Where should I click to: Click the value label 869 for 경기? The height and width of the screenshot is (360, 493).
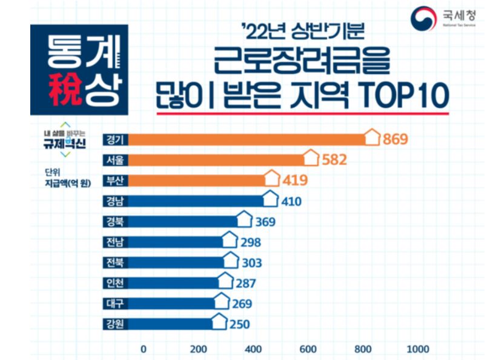pos(395,139)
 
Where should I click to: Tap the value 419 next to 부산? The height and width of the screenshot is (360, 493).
pos(295,180)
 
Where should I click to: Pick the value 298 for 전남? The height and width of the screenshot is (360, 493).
pos(250,242)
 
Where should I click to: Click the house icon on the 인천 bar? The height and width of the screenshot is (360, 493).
pos(225,281)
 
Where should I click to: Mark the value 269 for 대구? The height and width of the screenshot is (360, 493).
pos(240,304)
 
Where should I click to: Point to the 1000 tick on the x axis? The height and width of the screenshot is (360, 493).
pos(418,349)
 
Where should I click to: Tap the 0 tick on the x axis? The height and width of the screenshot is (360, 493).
pos(144,349)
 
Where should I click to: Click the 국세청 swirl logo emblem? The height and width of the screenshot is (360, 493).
pos(423,19)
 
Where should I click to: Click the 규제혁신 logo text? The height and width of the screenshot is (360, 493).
pos(65,144)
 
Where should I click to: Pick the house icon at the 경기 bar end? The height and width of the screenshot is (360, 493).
pos(372,138)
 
